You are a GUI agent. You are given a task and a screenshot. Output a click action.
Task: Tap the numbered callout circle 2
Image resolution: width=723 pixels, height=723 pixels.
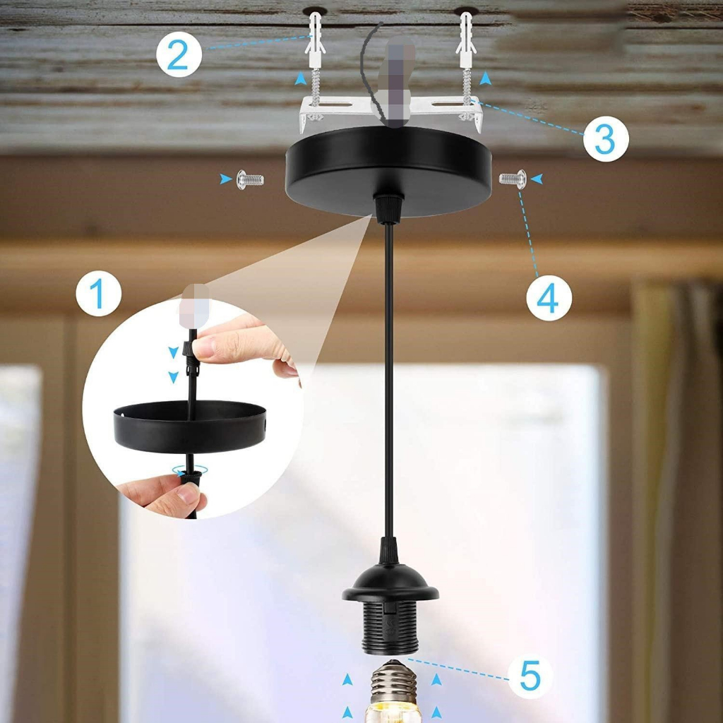click(179, 55)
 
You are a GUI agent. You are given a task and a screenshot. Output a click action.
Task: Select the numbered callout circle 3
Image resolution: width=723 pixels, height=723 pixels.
click(606, 139)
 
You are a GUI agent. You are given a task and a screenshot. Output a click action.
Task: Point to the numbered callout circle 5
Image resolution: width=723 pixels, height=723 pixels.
click(530, 676)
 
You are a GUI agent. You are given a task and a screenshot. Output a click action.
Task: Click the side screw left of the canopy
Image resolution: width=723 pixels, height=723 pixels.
click(251, 179)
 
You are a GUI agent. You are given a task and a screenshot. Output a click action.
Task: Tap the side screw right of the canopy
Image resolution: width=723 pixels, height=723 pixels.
click(513, 179)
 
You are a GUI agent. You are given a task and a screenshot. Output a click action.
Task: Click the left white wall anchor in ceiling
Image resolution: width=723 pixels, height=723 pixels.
click(314, 39)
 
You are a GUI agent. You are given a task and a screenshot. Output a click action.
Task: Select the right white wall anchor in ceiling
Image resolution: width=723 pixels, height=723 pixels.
click(466, 39)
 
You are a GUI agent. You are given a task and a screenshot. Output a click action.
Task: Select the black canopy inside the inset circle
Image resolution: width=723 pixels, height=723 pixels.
click(189, 427)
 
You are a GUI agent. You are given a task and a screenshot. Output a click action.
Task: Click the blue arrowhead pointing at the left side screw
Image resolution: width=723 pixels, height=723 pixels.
click(225, 179)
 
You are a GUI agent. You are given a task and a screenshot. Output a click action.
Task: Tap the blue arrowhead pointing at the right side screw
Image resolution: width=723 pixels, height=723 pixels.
click(538, 179)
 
